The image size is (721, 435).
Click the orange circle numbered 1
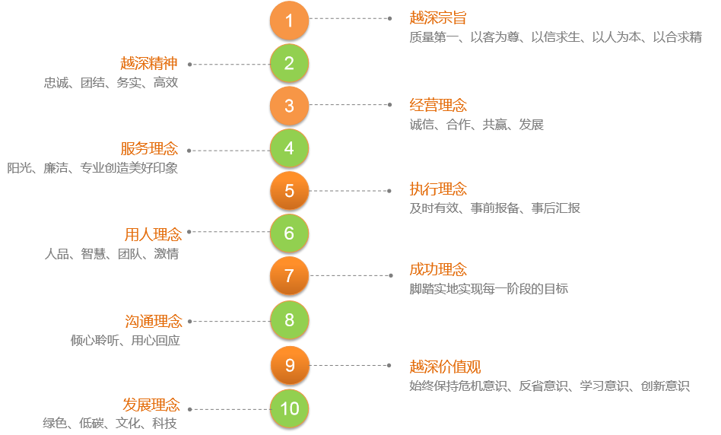289,21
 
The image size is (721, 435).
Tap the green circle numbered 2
289,64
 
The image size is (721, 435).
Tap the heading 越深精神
149,63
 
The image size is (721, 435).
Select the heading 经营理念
438,105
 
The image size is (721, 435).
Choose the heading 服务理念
149,148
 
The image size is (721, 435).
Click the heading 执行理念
438,189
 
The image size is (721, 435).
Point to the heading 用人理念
153,234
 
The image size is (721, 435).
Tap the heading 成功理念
438,269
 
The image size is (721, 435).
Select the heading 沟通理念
153,321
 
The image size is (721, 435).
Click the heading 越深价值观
445,367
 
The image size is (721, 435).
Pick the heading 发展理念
151,404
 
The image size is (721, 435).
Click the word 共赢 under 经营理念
494,125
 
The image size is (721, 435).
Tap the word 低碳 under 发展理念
91,424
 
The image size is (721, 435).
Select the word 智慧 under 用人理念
94,254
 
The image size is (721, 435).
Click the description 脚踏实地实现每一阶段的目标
488,289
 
